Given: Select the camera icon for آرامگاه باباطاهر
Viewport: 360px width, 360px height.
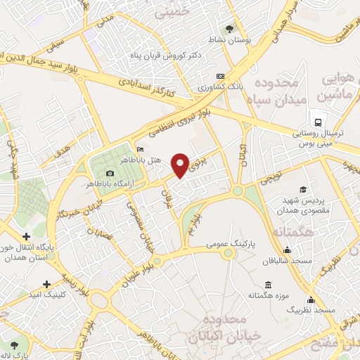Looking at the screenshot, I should (x=109, y=174).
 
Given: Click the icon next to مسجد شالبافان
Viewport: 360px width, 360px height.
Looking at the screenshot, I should (x=287, y=250).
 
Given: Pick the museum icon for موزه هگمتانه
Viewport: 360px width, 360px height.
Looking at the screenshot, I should (x=268, y=285).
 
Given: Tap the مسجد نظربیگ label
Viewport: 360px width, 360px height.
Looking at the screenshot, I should (x=315, y=310).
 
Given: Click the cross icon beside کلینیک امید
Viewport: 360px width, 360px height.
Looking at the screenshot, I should (x=46, y=285).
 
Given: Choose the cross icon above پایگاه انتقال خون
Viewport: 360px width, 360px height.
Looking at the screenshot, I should (x=26, y=237).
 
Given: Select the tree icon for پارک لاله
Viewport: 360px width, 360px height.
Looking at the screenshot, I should (x=13, y=345).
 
